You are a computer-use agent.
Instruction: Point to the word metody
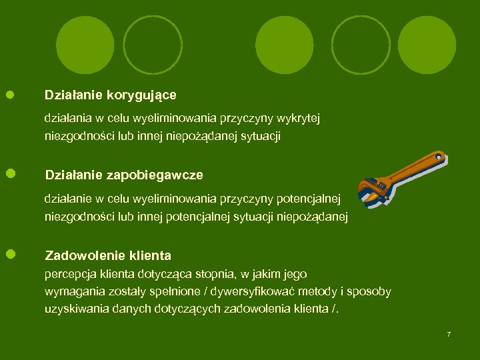click(x=319, y=292)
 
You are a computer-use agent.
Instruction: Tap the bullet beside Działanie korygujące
click(x=11, y=95)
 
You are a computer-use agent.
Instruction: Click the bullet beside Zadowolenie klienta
click(x=11, y=254)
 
